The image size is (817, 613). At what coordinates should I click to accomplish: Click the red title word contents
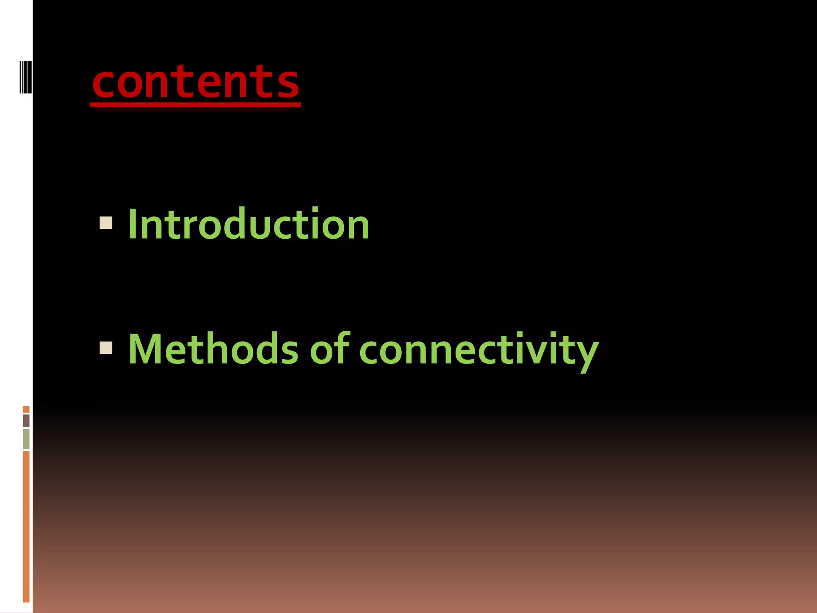[195, 82]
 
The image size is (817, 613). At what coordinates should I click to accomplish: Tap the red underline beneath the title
[195, 105]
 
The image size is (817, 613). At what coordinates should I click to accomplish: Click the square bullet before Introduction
[106, 223]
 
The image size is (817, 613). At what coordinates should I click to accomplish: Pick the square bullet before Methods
[106, 348]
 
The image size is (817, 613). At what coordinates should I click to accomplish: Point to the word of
[330, 349]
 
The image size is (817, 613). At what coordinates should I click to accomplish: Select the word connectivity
[479, 351]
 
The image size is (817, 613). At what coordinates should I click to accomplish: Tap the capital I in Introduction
[132, 224]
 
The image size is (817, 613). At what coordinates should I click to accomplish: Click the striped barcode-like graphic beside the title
[25, 77]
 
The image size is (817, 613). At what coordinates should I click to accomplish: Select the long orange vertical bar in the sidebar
[26, 527]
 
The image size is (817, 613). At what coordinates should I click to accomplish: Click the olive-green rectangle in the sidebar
[26, 439]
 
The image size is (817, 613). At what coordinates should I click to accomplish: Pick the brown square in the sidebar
[26, 420]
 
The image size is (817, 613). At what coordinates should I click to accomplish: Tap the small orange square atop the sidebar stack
[26, 409]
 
